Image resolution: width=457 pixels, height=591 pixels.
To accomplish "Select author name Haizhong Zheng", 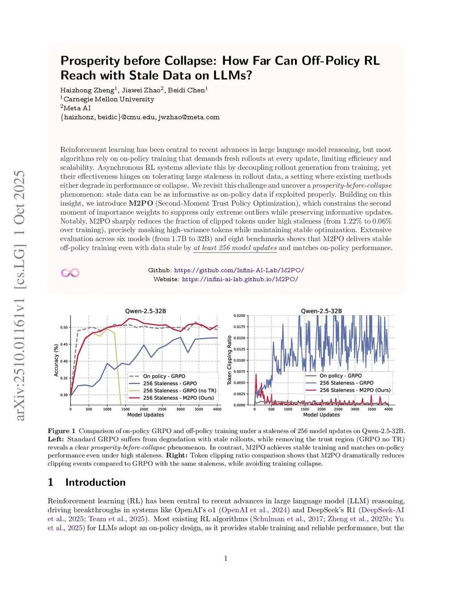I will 87,90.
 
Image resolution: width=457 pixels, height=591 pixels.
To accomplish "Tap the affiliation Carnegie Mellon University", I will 108,99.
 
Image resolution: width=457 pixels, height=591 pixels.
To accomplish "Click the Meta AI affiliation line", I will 77,108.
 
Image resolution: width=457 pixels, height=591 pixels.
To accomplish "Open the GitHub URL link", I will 239,270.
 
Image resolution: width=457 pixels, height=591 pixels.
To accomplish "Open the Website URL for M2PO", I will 240,279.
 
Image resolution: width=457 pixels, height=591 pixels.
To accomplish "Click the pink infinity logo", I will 70,273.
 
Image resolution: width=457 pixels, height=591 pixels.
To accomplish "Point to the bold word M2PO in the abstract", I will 141,203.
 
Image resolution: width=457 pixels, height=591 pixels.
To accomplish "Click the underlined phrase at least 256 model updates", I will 235,248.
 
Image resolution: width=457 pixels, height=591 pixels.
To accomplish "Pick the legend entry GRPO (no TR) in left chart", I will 179,391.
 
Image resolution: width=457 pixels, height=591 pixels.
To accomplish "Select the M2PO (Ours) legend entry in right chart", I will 355,390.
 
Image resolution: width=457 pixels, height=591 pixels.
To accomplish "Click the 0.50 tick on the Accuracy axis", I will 64,327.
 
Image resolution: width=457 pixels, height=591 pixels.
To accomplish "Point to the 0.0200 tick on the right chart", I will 239,316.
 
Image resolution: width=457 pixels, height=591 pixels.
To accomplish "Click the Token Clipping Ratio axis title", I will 229,360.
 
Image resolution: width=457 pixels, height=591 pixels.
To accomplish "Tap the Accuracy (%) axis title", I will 56,360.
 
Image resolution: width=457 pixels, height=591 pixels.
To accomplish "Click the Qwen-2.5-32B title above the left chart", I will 145,311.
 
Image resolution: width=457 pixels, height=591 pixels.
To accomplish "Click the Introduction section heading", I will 95,482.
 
